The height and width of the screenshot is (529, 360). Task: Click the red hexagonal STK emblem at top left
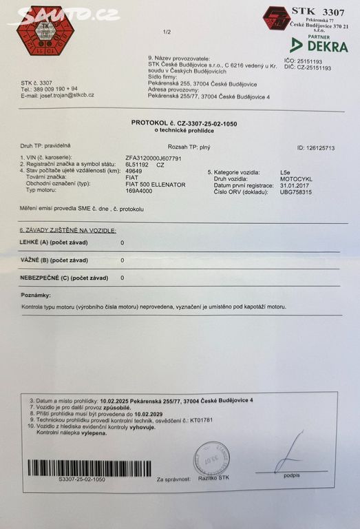tap(45, 30)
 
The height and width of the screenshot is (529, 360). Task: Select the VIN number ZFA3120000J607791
tap(153, 158)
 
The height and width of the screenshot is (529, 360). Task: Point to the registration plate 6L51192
tap(138, 165)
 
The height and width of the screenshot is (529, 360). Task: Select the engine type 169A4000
tap(140, 193)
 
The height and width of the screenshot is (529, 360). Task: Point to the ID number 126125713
tap(316, 147)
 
